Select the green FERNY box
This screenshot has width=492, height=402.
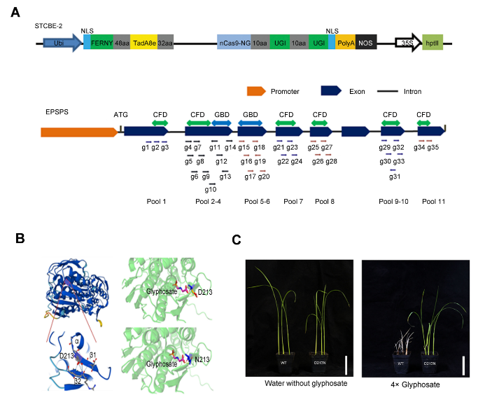click(101, 43)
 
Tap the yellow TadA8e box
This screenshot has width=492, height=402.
click(143, 43)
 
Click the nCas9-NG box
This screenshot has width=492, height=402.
click(234, 43)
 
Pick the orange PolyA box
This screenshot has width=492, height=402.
click(346, 43)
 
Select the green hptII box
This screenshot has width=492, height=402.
click(433, 43)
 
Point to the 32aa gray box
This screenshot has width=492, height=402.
click(166, 43)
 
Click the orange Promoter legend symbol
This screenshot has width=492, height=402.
click(256, 91)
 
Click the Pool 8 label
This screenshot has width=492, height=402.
click(325, 201)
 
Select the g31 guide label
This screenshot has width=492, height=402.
click(395, 176)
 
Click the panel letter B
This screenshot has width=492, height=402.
click(21, 238)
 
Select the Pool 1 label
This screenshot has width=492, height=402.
click(156, 201)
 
